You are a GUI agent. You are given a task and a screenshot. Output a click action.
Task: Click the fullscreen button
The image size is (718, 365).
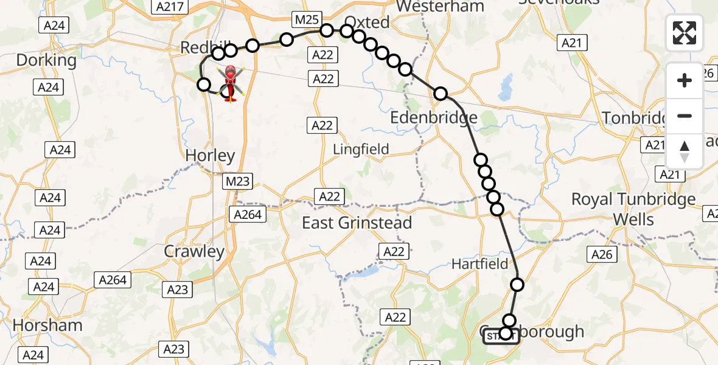685,33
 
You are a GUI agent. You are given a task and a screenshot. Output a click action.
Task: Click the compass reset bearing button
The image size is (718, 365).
685,151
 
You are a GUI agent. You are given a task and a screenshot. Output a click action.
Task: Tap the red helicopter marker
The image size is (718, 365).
231,83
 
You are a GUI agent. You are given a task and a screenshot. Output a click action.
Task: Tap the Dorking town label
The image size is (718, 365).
46,60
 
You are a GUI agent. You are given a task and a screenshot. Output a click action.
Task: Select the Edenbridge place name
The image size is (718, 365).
433,117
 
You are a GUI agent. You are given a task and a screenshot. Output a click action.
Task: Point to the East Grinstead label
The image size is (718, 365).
357,223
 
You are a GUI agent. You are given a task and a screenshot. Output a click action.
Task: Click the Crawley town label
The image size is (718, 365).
194,251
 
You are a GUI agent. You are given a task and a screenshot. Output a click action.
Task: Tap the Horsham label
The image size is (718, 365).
47,325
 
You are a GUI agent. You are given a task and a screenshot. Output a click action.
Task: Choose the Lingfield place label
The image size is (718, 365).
361,149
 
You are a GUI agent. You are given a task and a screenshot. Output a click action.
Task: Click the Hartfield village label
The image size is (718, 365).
479,263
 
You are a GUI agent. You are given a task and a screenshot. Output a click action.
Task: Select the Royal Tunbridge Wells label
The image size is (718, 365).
633,209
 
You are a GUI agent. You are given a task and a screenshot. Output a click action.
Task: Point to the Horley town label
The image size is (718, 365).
210,156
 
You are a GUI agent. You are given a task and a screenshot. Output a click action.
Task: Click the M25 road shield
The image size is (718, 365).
306,19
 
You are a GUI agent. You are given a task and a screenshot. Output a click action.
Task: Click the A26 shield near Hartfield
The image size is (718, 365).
602,255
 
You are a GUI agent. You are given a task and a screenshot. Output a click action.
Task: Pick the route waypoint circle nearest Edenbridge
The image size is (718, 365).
441,94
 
